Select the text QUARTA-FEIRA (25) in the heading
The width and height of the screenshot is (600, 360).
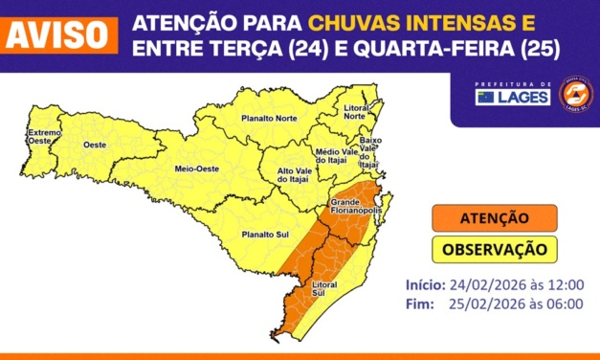click(x=456, y=47)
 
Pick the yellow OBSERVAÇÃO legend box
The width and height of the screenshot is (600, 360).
click(x=492, y=249)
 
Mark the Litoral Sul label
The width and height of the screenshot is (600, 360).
click(x=325, y=289)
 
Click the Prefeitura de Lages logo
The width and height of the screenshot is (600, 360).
click(x=513, y=95)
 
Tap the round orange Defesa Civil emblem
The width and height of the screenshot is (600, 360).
click(x=575, y=93)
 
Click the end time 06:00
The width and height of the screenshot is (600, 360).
click(x=566, y=304)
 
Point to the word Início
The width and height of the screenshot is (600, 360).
click(x=425, y=284)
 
